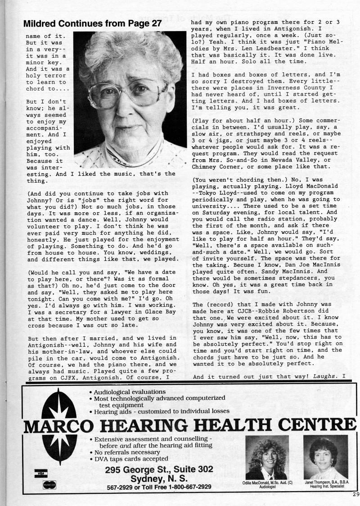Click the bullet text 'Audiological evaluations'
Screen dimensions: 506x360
pyautogui.click(x=130, y=392)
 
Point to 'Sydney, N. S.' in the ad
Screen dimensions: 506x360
pyautogui.click(x=159, y=478)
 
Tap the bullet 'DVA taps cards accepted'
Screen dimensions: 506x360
pyautogui.click(x=126, y=459)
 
